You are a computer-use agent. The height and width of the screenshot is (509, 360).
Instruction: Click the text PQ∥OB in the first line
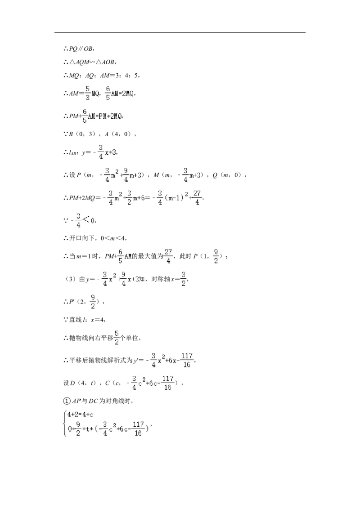81,49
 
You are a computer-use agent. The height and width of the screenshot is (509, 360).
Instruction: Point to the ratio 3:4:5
127,75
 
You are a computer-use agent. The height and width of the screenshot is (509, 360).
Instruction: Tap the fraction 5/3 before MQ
87,93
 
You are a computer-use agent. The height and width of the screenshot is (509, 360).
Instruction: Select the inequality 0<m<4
112,238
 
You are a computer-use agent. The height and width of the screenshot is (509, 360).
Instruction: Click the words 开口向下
82,238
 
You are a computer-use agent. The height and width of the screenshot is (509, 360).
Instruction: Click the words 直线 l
78,320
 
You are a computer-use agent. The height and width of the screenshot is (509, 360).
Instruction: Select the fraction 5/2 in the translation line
117,338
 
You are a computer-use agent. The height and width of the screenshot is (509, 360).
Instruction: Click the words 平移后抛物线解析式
101,360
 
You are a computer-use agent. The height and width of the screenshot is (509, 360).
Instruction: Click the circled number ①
67,401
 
